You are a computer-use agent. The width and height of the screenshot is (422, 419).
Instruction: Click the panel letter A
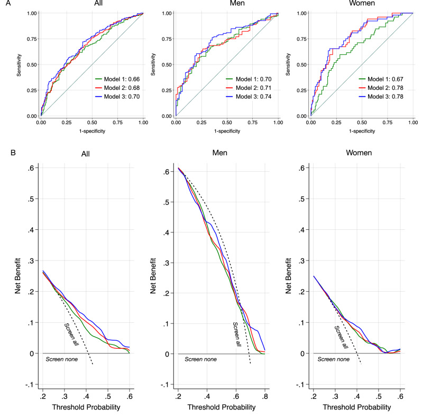coord(8,3)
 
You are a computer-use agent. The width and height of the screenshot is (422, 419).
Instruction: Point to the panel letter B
coord(13,153)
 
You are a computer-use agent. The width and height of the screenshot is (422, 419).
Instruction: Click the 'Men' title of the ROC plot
coord(237,3)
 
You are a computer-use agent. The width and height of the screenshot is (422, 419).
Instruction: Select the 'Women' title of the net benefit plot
coord(359,153)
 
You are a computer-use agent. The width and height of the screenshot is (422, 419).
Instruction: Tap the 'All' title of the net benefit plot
coord(85,154)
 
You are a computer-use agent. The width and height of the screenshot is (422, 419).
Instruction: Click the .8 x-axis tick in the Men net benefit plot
coord(265,396)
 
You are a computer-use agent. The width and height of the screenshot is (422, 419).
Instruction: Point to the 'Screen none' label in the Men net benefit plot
coord(200,359)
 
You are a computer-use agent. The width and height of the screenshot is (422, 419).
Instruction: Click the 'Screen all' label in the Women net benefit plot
coord(341,337)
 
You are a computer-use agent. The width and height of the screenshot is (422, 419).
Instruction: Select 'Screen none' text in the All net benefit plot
coord(62,359)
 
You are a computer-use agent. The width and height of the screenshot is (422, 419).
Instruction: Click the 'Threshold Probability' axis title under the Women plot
coord(357,407)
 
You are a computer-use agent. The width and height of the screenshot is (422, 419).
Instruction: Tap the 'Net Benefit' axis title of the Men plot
coord(153,276)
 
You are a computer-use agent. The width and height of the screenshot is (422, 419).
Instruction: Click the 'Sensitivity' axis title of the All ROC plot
coord(19,65)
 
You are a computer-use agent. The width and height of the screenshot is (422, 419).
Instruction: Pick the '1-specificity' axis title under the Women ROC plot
coord(362,131)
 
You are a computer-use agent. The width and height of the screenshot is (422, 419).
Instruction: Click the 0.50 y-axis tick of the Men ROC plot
coord(167,64)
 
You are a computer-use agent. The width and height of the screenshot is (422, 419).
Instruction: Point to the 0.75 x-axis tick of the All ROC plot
coord(117,123)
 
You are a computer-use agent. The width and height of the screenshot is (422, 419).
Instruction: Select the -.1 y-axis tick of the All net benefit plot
coord(30,385)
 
